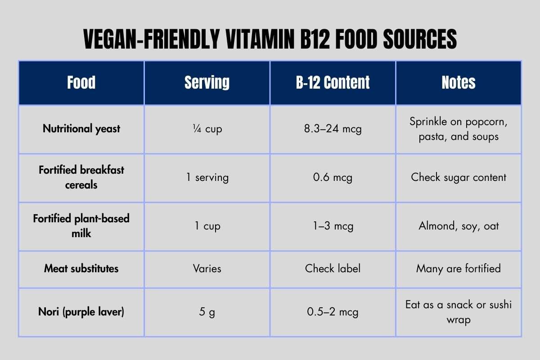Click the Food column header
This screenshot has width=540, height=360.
pyautogui.click(x=81, y=83)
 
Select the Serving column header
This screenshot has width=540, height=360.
pyautogui.click(x=207, y=83)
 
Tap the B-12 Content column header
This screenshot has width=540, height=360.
pyautogui.click(x=333, y=83)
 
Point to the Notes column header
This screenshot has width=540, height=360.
pyautogui.click(x=459, y=83)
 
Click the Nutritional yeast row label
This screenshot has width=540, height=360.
pyautogui.click(x=81, y=129)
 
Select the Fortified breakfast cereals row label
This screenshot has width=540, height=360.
pyautogui.click(x=81, y=177)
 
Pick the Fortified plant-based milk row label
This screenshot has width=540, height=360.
pyautogui.click(x=81, y=225)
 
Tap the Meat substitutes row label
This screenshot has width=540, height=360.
pyautogui.click(x=81, y=269)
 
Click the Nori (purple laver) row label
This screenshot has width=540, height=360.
pyautogui.click(x=81, y=312)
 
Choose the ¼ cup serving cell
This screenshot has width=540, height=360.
pyautogui.click(x=207, y=129)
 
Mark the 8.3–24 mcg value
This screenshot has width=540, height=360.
pyautogui.click(x=333, y=129)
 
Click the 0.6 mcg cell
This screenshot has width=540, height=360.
pyautogui.click(x=333, y=177)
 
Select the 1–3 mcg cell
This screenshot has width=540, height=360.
pyautogui.click(x=333, y=225)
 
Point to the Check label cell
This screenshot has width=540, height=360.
pyautogui.click(x=333, y=269)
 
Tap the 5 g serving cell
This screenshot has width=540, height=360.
pyautogui.click(x=207, y=312)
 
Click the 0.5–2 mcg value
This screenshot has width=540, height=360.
pyautogui.click(x=333, y=312)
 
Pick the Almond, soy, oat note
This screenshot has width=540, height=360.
pyautogui.click(x=459, y=225)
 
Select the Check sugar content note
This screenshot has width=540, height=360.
pyautogui.click(x=459, y=177)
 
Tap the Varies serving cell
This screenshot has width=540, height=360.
pyautogui.click(x=207, y=269)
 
